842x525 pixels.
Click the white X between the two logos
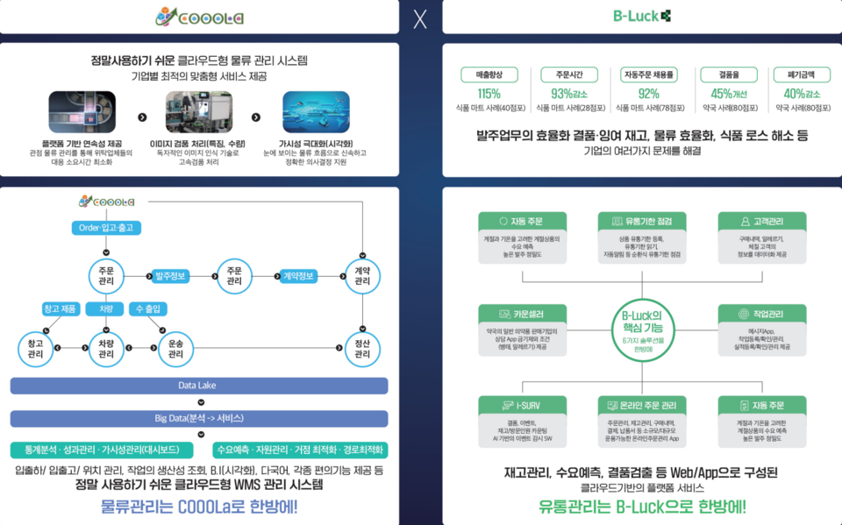420,19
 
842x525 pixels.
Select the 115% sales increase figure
489,94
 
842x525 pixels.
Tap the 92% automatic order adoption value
648,94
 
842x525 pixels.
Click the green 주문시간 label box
566,75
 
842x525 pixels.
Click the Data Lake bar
198,386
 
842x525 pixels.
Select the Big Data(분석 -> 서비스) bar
198,418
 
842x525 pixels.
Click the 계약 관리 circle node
362,276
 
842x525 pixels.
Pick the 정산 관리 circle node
362,349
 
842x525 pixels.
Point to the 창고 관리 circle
36,349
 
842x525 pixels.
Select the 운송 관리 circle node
175,349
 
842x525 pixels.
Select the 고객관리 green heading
761,222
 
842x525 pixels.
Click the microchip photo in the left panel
82,111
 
